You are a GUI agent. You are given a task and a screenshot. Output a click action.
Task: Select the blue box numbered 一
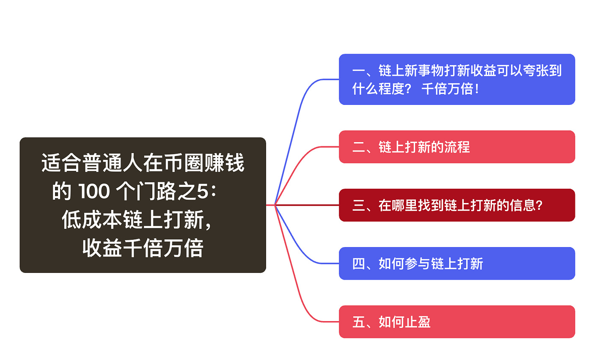(x=457, y=80)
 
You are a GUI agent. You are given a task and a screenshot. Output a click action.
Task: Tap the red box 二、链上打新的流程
(x=457, y=147)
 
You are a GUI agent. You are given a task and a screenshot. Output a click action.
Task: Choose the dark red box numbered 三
(x=457, y=205)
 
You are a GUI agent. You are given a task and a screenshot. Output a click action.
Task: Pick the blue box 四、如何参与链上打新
(x=457, y=264)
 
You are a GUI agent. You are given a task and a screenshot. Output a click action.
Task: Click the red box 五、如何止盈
(x=457, y=322)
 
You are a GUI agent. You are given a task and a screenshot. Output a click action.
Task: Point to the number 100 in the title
(x=94, y=191)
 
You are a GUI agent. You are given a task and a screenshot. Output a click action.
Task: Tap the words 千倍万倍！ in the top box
(x=451, y=89)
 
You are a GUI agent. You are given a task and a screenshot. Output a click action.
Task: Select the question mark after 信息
(x=539, y=206)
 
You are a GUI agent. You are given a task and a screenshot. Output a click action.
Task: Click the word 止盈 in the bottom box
(x=418, y=322)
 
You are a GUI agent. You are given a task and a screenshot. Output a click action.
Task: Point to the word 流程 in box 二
(x=457, y=147)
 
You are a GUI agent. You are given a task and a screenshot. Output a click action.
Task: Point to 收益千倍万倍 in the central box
(x=143, y=248)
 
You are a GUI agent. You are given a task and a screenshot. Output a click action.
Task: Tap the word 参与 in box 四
(x=418, y=264)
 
